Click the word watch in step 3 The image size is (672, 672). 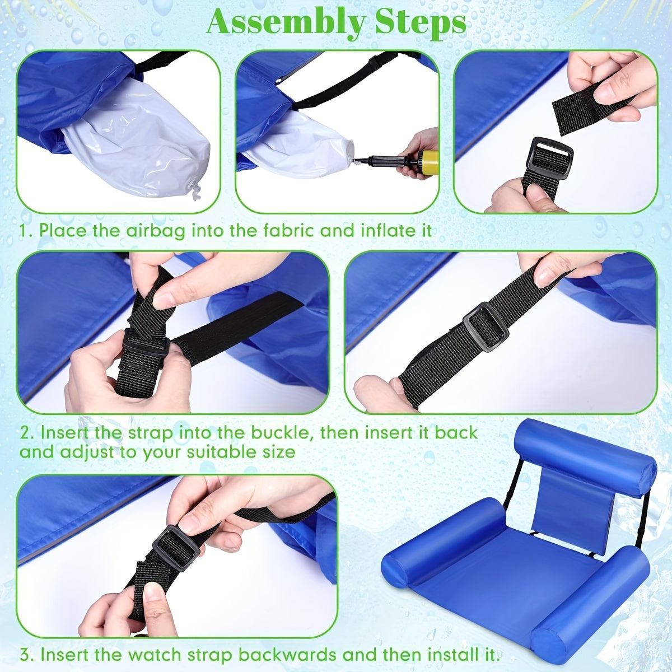[x=152, y=654]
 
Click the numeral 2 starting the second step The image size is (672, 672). [x=25, y=433]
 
